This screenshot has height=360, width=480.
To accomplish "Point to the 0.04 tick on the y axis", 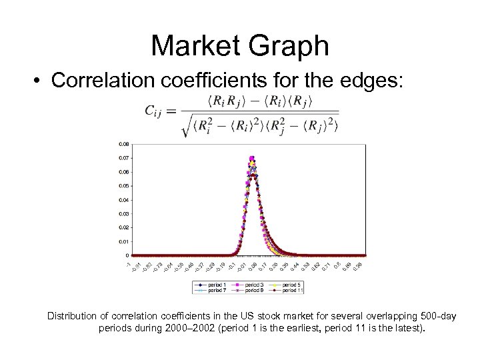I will point(125,199).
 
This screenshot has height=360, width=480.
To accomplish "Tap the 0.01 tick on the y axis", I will point(125,241).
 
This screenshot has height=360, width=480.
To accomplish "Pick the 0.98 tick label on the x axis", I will point(358,266).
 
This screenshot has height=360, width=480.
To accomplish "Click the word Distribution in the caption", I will point(75,316).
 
